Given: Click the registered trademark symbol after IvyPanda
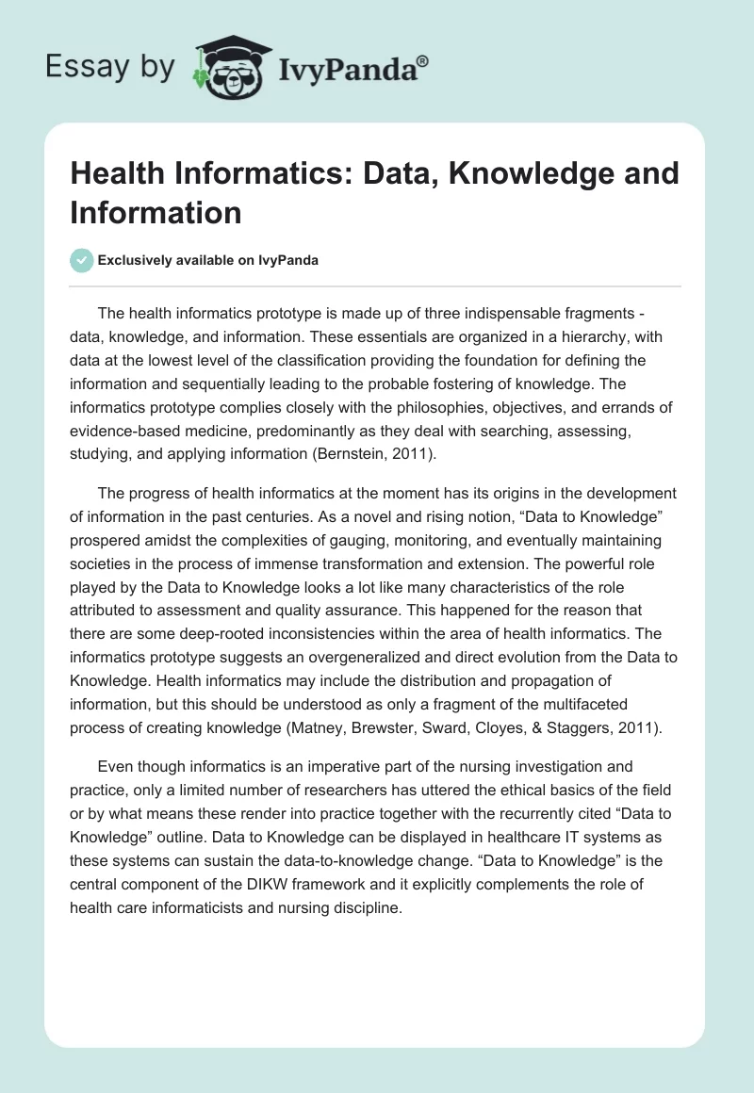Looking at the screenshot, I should coord(423,59).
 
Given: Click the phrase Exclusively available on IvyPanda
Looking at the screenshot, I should coord(207,260).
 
